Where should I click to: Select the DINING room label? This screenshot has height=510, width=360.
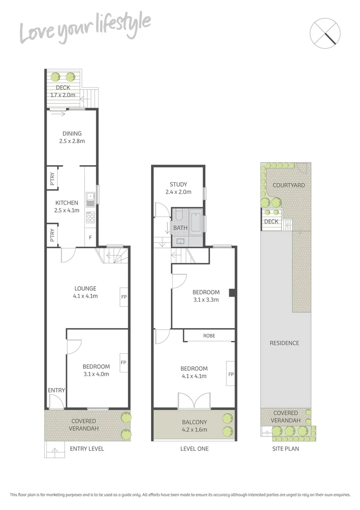point(72,134)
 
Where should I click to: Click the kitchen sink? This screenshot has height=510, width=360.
point(91,198)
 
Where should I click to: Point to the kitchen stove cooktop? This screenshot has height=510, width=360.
point(91,218)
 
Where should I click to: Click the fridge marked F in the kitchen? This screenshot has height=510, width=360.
point(90,238)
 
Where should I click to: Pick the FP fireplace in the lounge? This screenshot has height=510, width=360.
point(124,297)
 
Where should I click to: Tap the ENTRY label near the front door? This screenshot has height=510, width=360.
point(56,391)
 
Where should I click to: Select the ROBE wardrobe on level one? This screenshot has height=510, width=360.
point(209,336)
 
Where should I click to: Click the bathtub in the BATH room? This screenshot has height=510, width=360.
point(196,222)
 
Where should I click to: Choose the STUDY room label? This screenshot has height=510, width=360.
point(178,185)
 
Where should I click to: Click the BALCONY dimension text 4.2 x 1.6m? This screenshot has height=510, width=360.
point(194,430)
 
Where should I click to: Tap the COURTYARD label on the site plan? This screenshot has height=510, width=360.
point(288,186)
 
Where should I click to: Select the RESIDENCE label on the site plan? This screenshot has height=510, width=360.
point(285,343)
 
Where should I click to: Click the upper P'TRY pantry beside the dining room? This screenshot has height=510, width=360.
point(52,178)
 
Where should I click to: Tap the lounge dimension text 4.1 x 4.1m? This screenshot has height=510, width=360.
point(85,296)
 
